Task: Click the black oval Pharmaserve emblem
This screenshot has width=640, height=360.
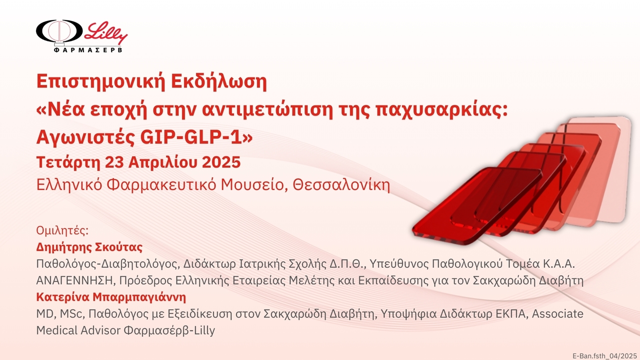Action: [x=59, y=32]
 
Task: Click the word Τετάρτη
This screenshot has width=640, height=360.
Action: [x=68, y=162]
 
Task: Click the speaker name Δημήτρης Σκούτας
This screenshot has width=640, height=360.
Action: [x=89, y=247]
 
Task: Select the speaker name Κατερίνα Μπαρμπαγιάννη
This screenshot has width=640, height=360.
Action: [x=111, y=297]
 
